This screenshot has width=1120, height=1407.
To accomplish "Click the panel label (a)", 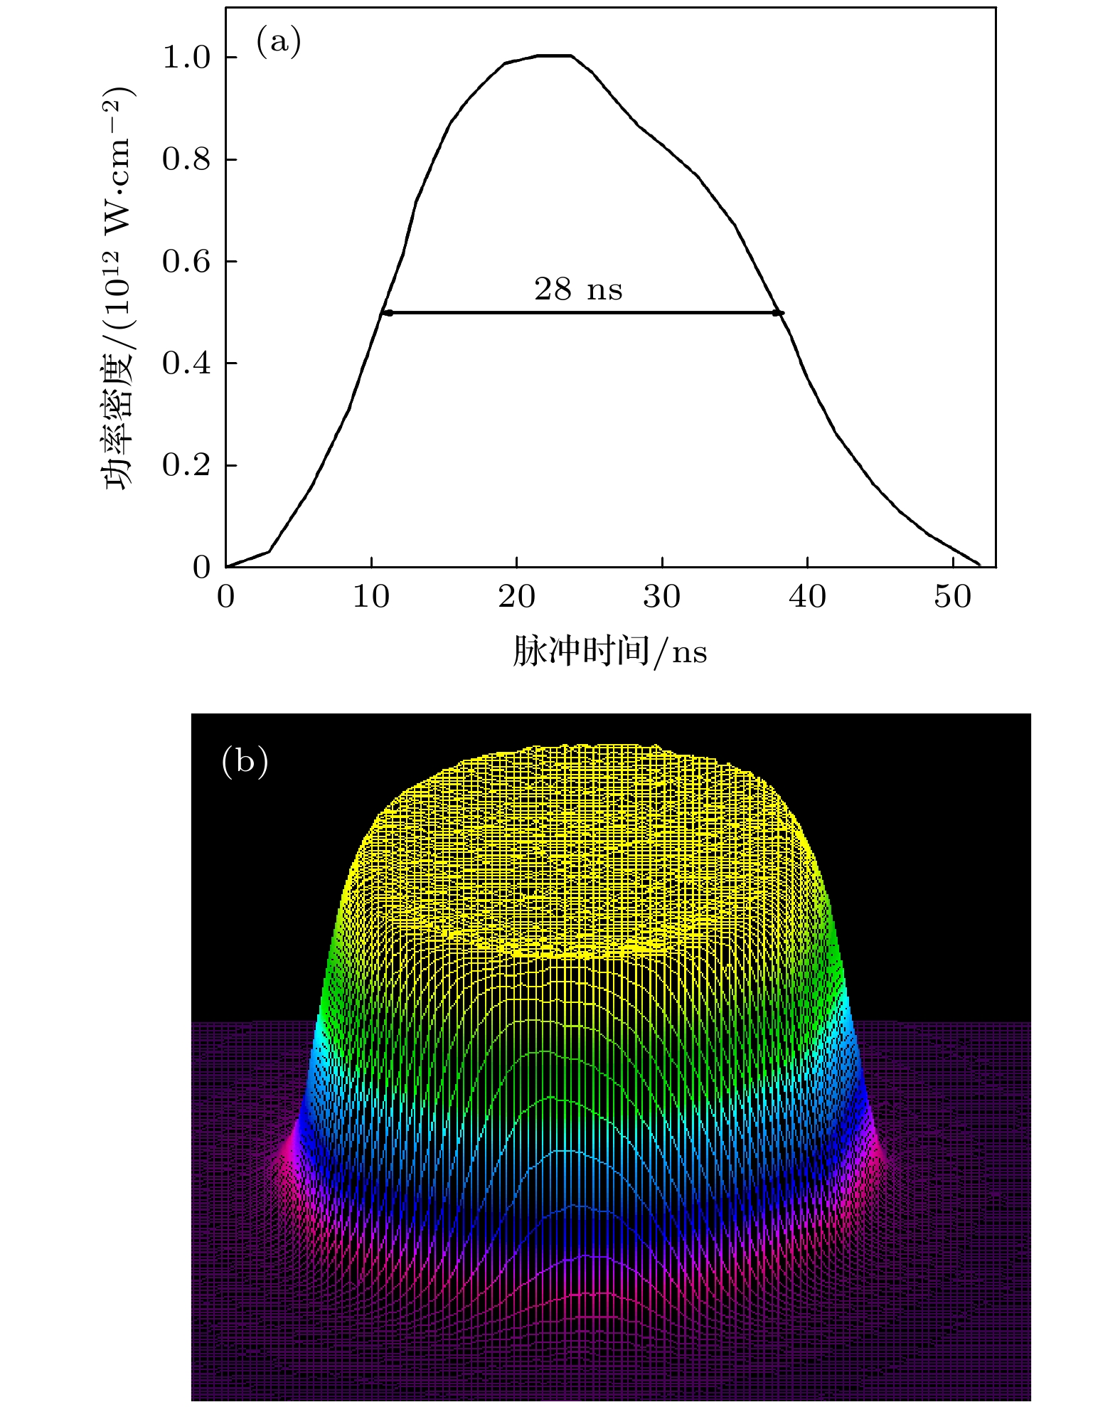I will click(x=279, y=43).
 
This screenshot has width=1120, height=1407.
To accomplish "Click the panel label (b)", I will click(x=245, y=762).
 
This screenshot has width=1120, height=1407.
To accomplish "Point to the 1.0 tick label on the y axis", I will click(x=187, y=58).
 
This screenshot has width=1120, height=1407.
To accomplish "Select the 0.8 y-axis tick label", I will click(x=187, y=159).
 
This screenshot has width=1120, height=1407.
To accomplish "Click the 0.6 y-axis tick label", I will click(x=187, y=262).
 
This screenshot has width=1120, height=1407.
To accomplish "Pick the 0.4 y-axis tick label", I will click(x=187, y=363).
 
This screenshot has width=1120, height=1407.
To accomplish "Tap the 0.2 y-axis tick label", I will click(x=187, y=466).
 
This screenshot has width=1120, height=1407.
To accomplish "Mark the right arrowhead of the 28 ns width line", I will click(x=779, y=313).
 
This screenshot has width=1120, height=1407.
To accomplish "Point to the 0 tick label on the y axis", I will click(x=202, y=568).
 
